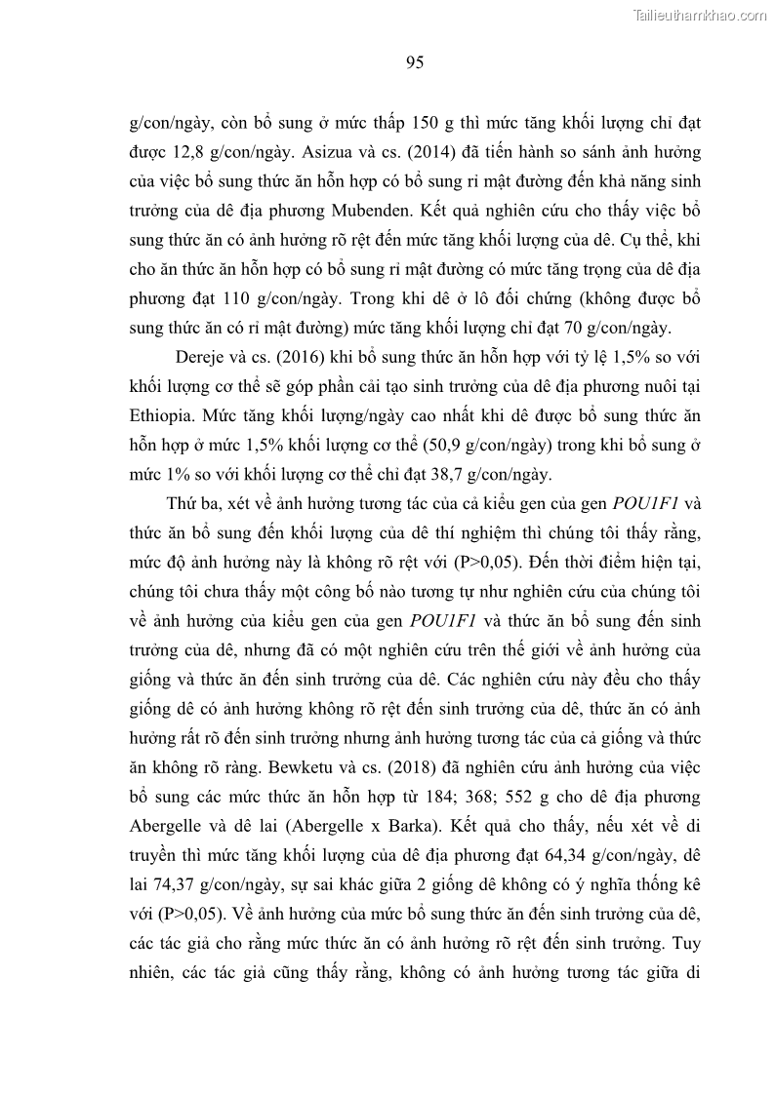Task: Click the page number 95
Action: click(x=414, y=63)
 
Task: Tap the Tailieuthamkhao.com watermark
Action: click(x=701, y=14)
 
